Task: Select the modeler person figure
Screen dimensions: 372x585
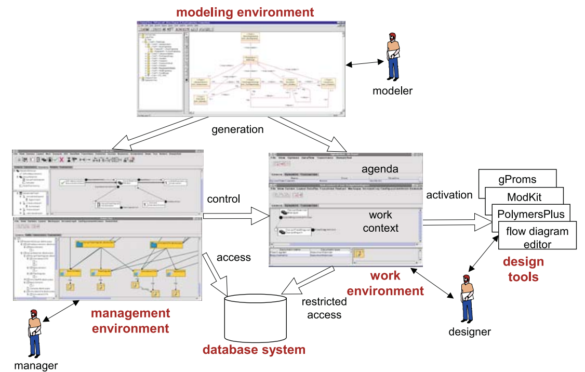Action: (393, 57)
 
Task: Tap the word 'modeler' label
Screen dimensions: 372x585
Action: (392, 91)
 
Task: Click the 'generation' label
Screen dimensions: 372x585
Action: (237, 129)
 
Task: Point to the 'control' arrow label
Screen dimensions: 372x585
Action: (223, 198)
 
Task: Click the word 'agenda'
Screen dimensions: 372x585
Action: (380, 169)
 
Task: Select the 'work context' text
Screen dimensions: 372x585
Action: (380, 221)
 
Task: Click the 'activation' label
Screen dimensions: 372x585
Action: (449, 195)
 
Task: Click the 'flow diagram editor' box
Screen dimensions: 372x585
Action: (537, 237)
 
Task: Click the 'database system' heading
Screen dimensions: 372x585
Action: (254, 350)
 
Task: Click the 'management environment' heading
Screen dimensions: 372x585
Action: (130, 321)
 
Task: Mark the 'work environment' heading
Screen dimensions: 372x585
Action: (385, 283)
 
